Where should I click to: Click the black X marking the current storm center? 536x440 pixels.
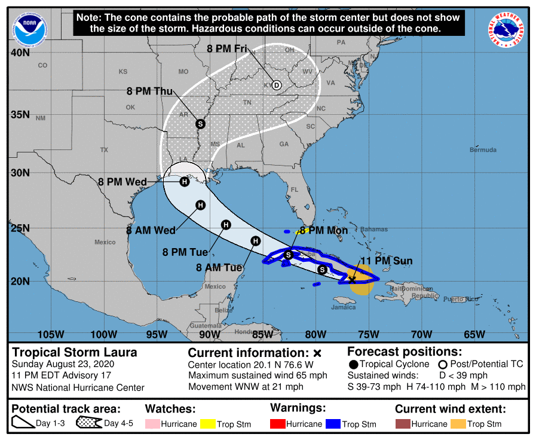click(x=353, y=279)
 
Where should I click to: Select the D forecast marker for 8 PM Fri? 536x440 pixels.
click(x=277, y=85)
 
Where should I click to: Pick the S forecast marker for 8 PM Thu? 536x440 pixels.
click(x=200, y=124)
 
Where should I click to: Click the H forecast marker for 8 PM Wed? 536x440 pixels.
click(x=185, y=182)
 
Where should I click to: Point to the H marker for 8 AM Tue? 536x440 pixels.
click(x=256, y=241)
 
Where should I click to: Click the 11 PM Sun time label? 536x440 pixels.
click(x=386, y=261)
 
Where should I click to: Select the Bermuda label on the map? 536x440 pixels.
click(x=483, y=149)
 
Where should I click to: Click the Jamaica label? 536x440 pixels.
click(x=344, y=308)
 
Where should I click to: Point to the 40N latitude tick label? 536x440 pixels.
click(x=20, y=53)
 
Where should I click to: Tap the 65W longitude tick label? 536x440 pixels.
click(x=474, y=334)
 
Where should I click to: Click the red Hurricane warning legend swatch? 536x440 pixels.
click(x=278, y=424)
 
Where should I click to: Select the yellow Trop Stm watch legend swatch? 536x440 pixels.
click(x=208, y=424)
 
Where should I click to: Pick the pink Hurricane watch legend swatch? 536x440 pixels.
click(x=152, y=424)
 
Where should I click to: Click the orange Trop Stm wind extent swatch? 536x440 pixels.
click(x=458, y=424)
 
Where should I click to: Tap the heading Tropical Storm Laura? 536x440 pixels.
click(x=75, y=352)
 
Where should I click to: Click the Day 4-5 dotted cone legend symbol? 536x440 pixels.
click(x=88, y=424)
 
